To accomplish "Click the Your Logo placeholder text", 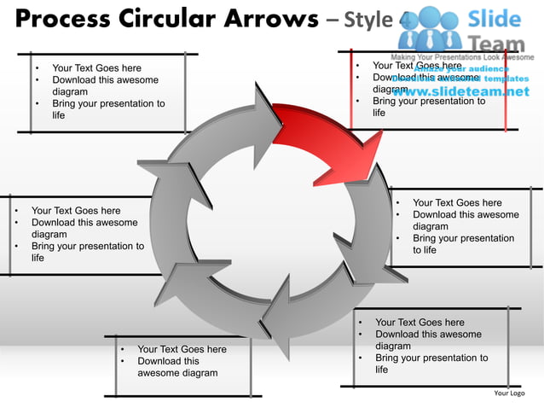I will pos(509,393).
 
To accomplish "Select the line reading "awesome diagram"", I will pos(177,373).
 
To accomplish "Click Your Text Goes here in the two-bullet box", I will pos(182,349).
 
